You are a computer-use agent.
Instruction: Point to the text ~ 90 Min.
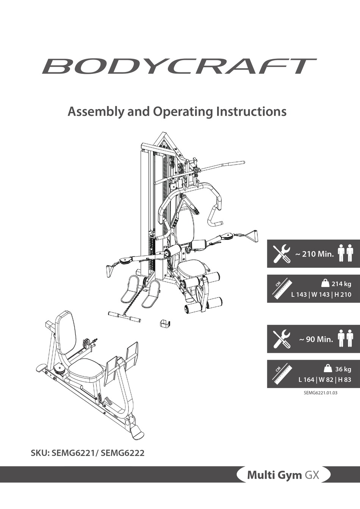tap(316, 339)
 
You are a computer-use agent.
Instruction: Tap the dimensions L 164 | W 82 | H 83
tap(324, 380)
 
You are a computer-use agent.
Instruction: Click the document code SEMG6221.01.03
tap(321, 393)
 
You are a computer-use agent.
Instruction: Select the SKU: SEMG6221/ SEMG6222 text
tap(88, 452)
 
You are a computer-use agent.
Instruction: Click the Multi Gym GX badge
tap(283, 475)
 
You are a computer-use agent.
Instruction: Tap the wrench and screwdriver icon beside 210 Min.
tap(282, 254)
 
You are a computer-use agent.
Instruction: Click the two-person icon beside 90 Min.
tap(345, 338)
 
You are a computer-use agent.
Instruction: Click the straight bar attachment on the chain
tap(124, 316)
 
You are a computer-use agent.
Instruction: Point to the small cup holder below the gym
tap(165, 324)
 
